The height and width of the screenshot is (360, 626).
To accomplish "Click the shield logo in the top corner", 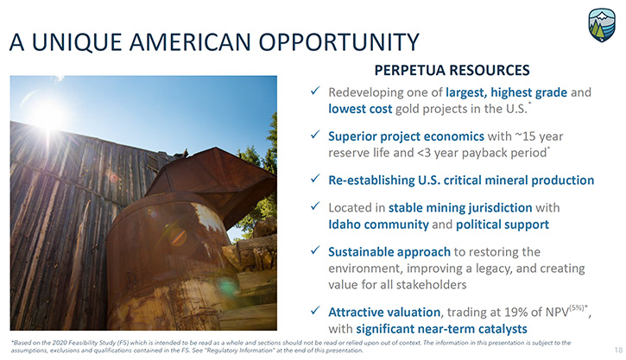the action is [x=602, y=25].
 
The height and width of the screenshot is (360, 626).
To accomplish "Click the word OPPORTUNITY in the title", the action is [x=339, y=42].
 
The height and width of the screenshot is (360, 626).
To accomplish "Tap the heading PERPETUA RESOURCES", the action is [x=452, y=70].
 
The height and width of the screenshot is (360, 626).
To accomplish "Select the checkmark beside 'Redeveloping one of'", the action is [x=315, y=91].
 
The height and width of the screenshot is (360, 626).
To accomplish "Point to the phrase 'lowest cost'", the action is [x=360, y=109].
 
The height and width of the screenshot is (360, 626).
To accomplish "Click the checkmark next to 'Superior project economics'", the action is [x=315, y=135].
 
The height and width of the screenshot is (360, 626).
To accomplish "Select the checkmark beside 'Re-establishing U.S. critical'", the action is [x=315, y=179].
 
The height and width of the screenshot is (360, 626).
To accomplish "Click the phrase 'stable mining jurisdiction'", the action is [x=460, y=208].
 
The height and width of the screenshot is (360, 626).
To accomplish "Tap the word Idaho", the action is [x=345, y=224].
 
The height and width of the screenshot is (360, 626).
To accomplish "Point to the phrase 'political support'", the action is [x=503, y=224].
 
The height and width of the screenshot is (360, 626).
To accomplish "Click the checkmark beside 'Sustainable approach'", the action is [x=315, y=250].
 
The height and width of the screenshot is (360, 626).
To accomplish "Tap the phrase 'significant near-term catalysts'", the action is [x=441, y=329].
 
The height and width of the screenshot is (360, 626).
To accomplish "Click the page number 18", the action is [x=618, y=350].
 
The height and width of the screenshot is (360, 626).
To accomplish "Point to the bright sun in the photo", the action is [x=48, y=114].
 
